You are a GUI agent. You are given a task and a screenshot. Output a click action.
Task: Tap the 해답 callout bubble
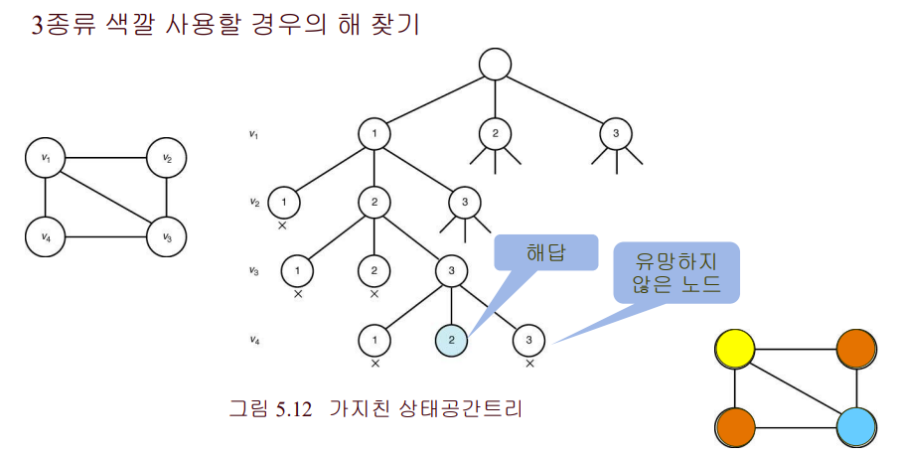(544, 254)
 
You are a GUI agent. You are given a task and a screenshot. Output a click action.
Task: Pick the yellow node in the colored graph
(735, 350)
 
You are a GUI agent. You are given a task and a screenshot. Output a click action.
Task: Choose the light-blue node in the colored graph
(855, 429)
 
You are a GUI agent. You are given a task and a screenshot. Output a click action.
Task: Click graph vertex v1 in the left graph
(45, 158)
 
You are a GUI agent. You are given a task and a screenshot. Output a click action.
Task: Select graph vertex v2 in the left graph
(166, 158)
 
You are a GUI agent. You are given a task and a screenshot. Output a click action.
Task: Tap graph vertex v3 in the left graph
(166, 237)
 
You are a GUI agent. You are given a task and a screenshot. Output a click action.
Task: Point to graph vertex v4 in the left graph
(45, 237)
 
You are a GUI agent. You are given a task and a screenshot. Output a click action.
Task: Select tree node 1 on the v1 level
(374, 134)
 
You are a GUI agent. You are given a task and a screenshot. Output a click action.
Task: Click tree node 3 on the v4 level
(528, 341)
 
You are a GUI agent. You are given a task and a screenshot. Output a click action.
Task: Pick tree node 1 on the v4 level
(374, 341)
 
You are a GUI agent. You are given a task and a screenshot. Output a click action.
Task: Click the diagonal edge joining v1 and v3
(105, 198)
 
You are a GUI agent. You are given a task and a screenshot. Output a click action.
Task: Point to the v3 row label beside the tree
(255, 270)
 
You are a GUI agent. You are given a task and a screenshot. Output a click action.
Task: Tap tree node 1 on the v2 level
(283, 203)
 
